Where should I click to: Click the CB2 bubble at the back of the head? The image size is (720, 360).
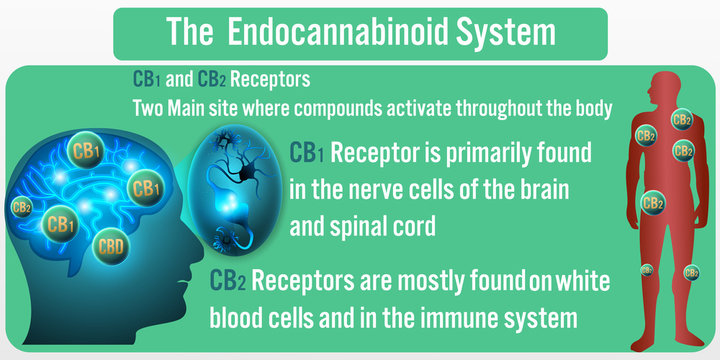(21, 208)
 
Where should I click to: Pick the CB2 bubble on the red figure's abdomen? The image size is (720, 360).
(653, 203)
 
